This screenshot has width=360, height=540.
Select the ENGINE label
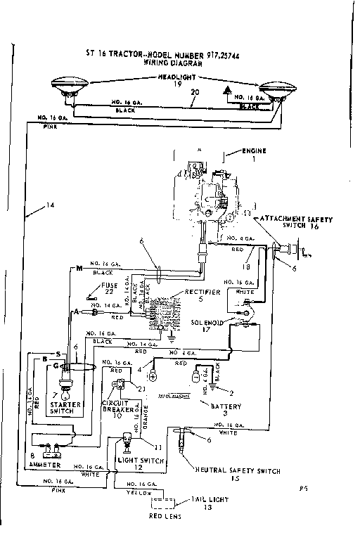click(253, 151)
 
